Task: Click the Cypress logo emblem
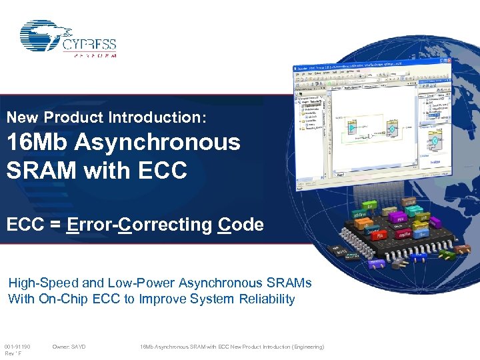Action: click(43, 35)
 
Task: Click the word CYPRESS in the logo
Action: click(89, 45)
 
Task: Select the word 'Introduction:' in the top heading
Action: click(170, 117)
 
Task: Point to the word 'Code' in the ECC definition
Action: click(241, 225)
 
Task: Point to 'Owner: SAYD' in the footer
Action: click(69, 347)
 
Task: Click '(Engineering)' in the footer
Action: click(304, 347)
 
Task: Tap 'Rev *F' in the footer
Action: click(13, 354)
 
